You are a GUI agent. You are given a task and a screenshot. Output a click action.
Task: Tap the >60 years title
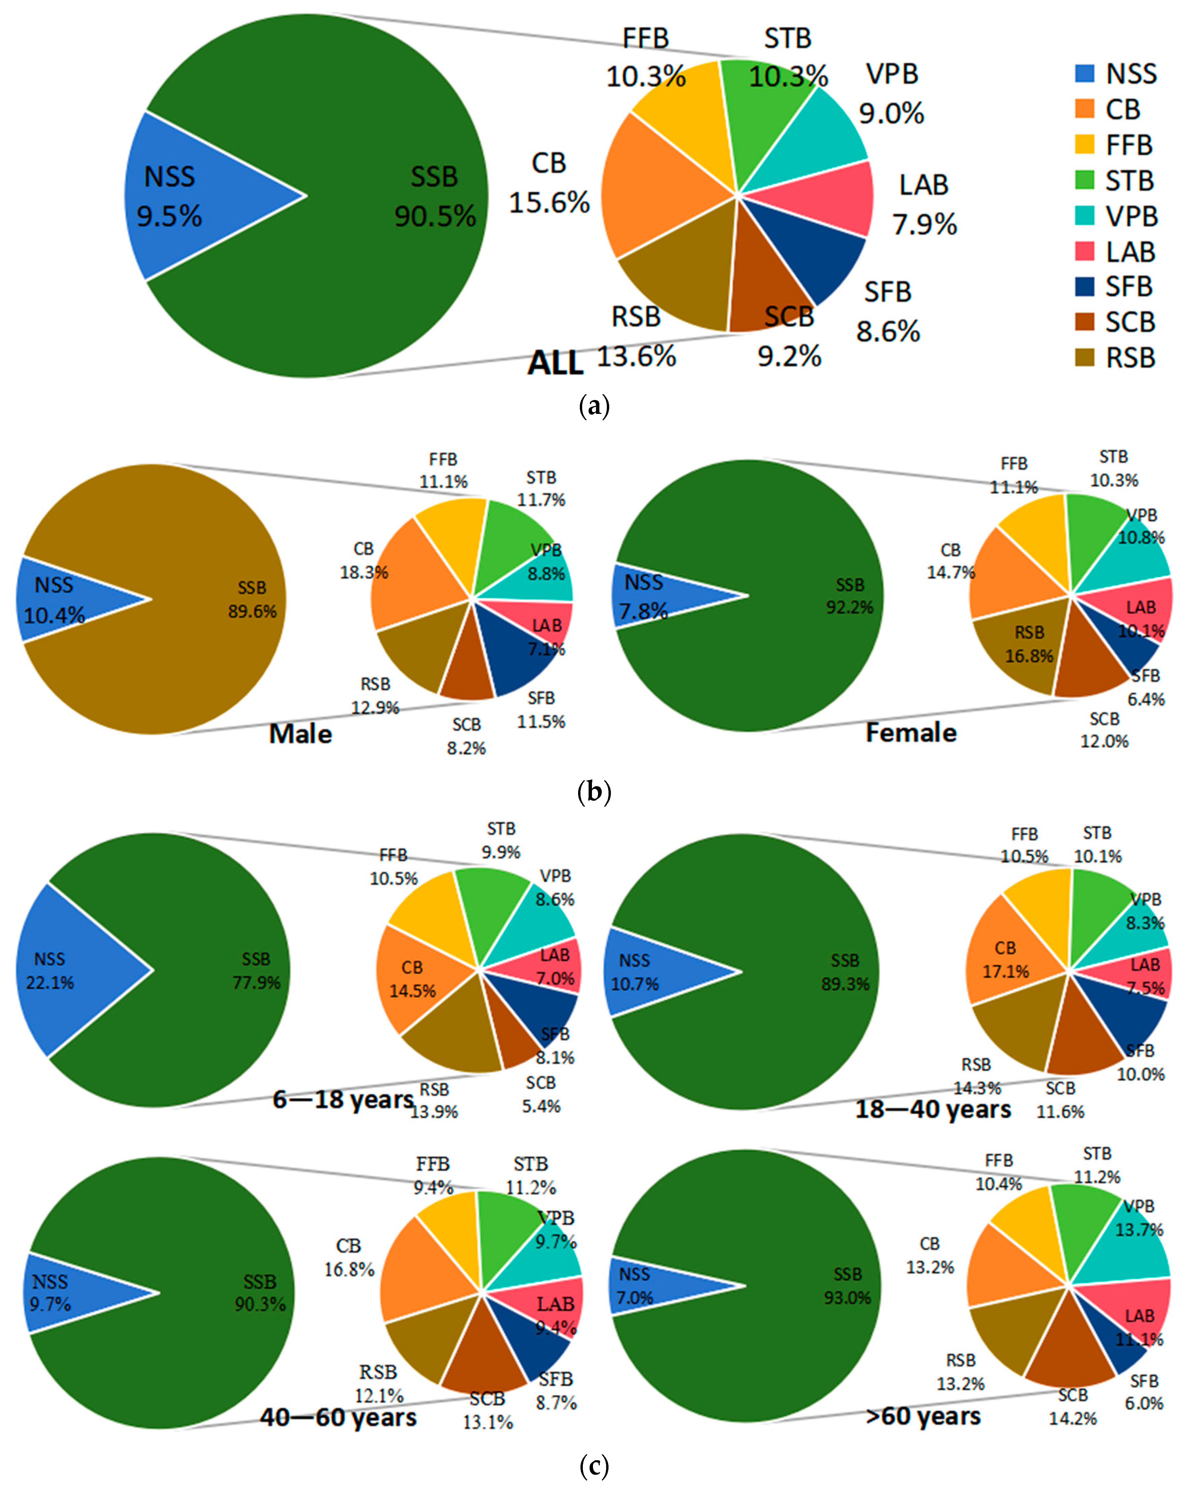pyautogui.click(x=923, y=1416)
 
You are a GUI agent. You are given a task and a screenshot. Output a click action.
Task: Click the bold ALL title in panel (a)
pyautogui.click(x=555, y=363)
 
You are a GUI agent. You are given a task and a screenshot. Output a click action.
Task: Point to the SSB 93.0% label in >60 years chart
pyautogui.click(x=847, y=1286)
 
